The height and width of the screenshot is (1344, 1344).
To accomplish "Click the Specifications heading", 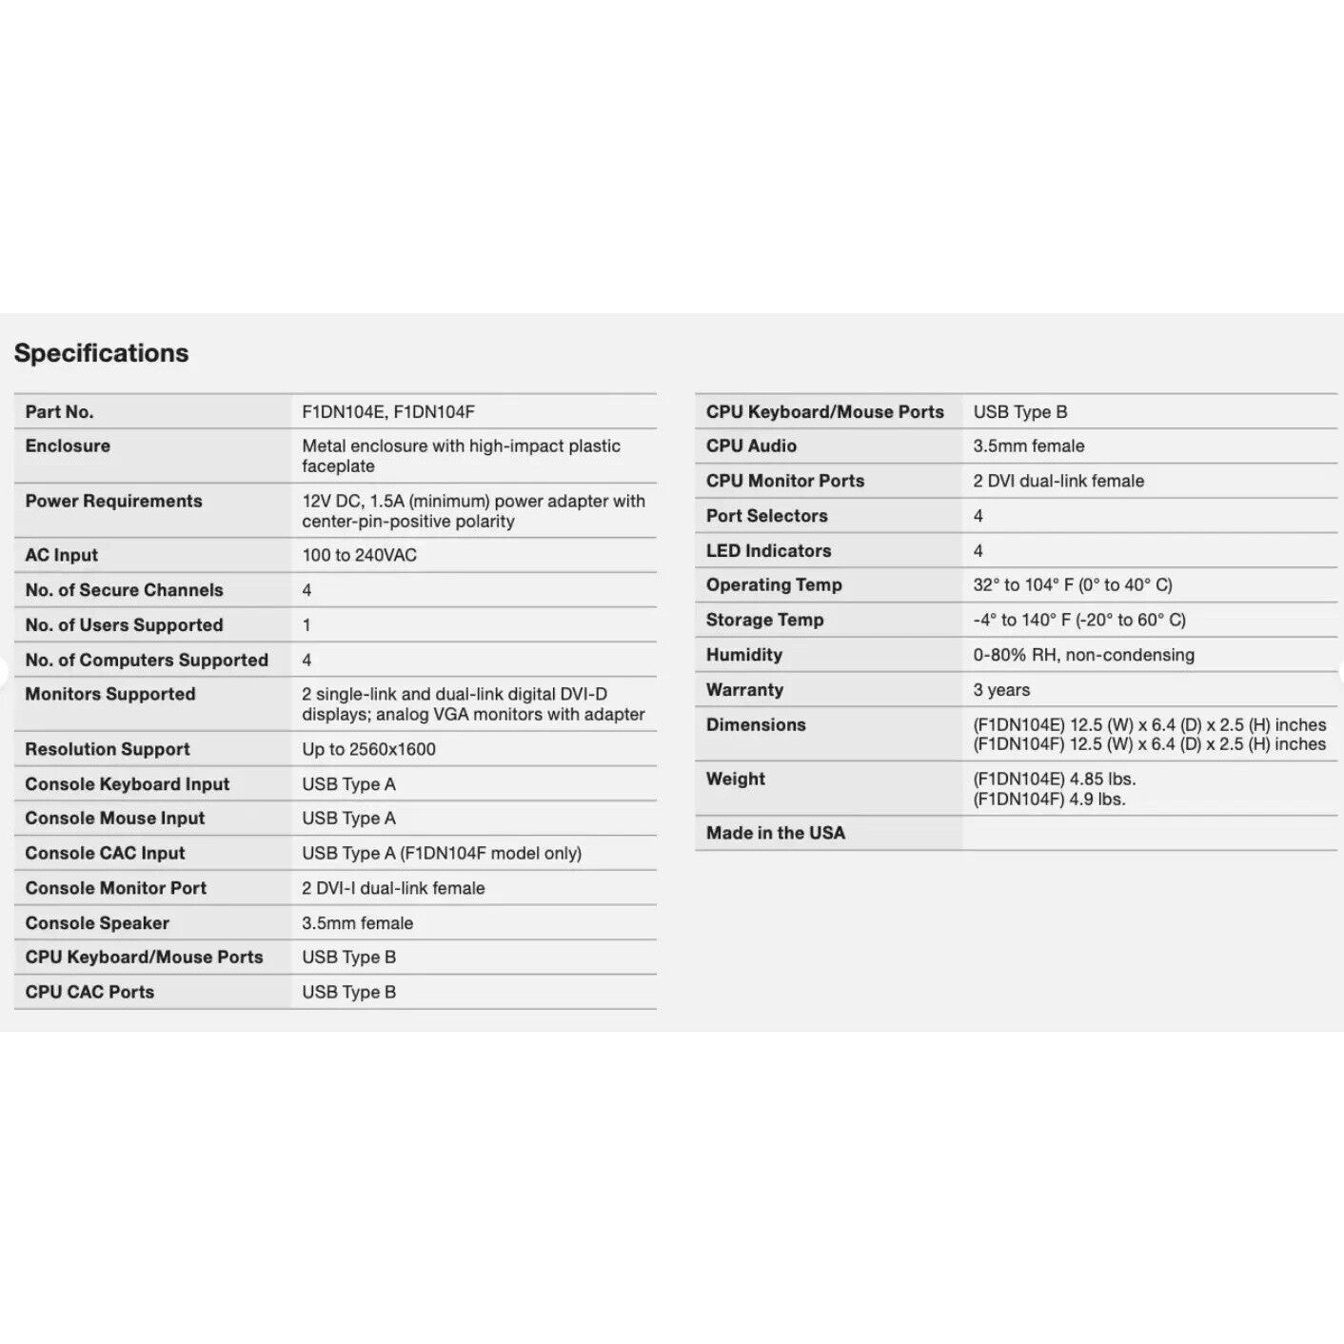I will [101, 353].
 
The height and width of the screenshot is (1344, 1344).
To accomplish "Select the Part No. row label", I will [59, 412].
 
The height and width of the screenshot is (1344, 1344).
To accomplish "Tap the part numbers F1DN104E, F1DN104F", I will [387, 412].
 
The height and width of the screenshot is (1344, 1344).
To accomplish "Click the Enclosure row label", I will [68, 445].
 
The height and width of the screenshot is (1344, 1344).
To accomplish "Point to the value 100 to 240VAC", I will [359, 555].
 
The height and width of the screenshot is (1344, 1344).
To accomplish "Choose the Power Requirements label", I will [113, 501].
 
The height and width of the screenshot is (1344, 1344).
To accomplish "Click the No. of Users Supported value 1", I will [306, 625].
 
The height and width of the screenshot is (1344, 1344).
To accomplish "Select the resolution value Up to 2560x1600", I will [368, 749].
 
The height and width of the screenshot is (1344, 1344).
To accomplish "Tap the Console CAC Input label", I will [105, 853].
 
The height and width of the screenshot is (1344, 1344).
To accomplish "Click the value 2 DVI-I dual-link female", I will [393, 888].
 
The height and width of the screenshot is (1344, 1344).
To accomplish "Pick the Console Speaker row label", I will [97, 923].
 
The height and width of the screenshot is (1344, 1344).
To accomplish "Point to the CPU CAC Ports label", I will [89, 992].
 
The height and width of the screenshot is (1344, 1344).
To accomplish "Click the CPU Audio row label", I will [751, 445].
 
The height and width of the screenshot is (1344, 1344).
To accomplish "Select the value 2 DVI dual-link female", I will [1058, 481].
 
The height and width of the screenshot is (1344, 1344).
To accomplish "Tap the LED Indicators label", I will [768, 550].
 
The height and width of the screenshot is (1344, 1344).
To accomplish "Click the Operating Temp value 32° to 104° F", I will [1072, 584].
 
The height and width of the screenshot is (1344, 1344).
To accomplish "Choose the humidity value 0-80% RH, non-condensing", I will [1083, 655].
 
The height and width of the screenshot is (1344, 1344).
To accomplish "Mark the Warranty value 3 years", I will [1001, 690].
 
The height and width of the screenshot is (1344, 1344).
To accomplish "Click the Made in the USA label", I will [775, 833].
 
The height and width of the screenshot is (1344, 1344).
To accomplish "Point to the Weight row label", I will [735, 779].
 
